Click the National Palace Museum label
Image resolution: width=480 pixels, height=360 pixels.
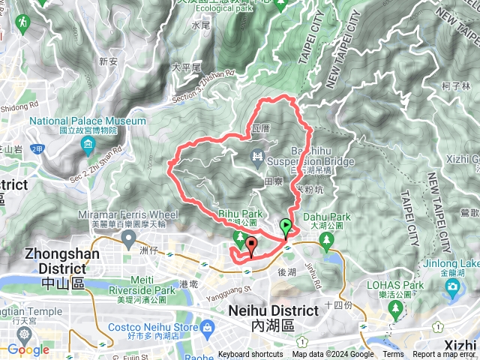(88, 121)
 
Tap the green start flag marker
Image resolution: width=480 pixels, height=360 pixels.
(286, 226)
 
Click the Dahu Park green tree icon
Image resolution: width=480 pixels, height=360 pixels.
(326, 239)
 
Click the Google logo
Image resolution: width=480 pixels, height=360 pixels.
(28, 349)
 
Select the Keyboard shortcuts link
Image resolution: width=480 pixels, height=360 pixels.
(250, 355)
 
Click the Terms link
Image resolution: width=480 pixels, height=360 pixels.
(393, 355)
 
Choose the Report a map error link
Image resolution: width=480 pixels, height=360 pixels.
(444, 355)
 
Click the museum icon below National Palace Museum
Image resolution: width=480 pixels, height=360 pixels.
(89, 143)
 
